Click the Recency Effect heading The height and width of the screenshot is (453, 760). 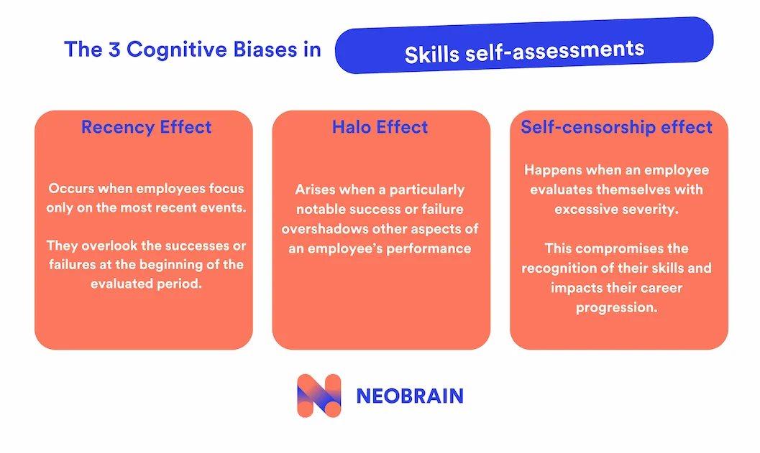point(146,127)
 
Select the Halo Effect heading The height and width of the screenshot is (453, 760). point(380,127)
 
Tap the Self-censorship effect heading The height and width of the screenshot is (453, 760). point(616,127)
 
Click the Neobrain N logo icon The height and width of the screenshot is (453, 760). point(319,396)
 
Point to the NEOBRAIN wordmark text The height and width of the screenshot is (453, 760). point(410,396)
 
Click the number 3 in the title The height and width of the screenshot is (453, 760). point(114,50)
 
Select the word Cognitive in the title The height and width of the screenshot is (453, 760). point(177,50)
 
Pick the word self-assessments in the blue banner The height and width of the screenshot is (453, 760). point(555,50)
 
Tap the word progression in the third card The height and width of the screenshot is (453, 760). point(616,308)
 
